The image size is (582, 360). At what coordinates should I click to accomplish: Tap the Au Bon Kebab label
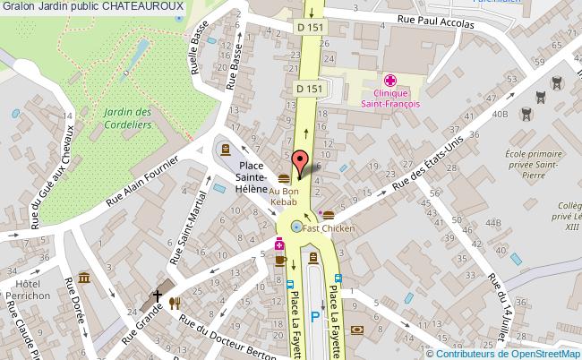pos(284,197)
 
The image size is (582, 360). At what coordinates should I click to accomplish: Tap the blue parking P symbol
pos(314,316)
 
